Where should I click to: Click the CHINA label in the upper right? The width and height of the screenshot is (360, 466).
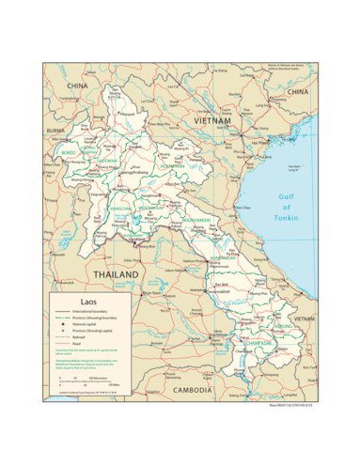point(297,92)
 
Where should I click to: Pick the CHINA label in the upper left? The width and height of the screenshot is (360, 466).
point(76,85)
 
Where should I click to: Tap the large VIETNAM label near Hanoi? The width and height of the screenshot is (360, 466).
point(212,121)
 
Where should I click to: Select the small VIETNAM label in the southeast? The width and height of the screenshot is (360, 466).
point(303,319)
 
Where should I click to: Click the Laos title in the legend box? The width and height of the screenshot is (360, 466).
point(64,302)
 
